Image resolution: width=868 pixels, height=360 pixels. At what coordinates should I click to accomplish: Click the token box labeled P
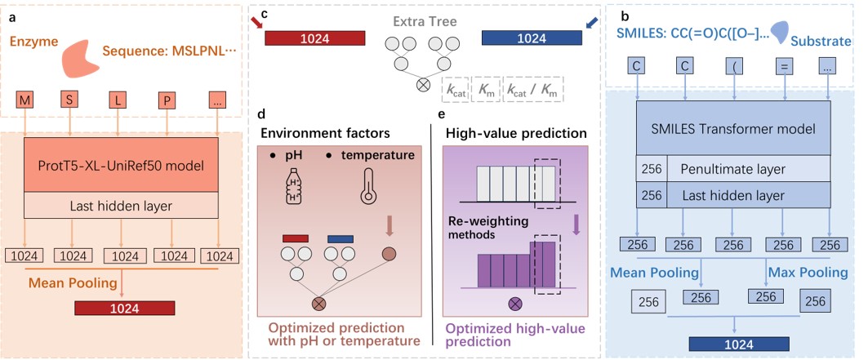pos(167,102)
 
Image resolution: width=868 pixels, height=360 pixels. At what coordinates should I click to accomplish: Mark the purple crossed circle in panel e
pos(515,304)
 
